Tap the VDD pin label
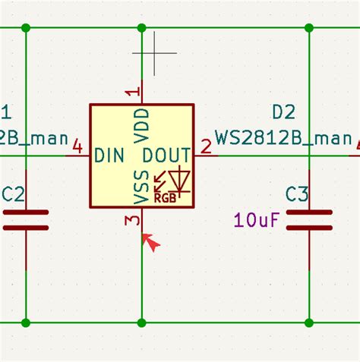(x=142, y=125)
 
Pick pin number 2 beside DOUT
(x=205, y=146)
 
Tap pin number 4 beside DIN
(x=77, y=146)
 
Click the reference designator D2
(x=283, y=112)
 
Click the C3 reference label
(x=297, y=195)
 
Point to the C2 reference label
(x=14, y=195)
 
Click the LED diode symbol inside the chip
(x=180, y=180)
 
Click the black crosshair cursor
(x=154, y=53)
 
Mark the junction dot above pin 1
(x=142, y=28)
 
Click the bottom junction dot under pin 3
(x=142, y=323)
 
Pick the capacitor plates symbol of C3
(x=309, y=220)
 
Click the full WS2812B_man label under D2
(x=283, y=138)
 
